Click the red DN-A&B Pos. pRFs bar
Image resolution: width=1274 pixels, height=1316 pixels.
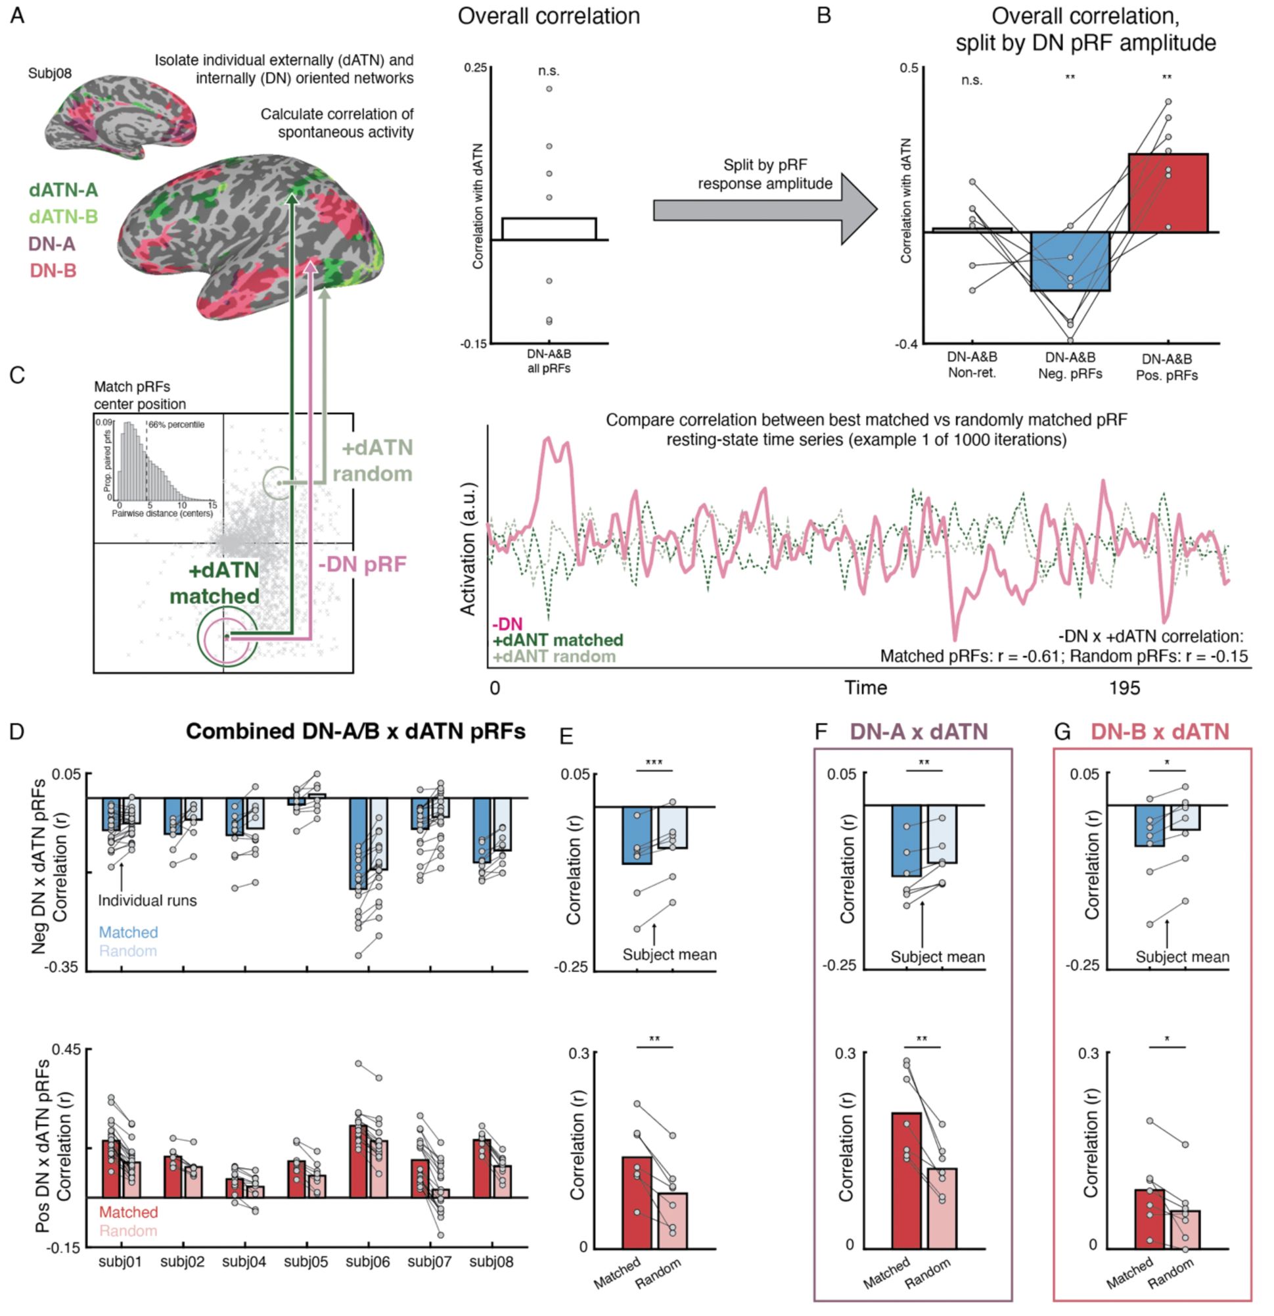click(x=1168, y=193)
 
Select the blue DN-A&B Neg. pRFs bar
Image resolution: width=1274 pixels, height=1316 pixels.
click(x=1070, y=261)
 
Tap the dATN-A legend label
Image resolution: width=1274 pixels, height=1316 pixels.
click(x=63, y=190)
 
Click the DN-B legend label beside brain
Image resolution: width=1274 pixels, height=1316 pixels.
click(x=53, y=271)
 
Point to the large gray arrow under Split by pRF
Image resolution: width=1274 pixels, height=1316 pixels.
click(x=765, y=210)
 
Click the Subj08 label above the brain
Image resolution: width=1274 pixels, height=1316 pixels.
click(x=50, y=73)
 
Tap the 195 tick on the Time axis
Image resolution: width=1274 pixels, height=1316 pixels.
click(x=1124, y=688)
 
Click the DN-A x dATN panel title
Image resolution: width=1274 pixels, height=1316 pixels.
click(x=919, y=731)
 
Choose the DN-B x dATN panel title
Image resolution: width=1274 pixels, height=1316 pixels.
click(x=1160, y=731)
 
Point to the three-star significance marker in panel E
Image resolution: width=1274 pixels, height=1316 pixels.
click(x=653, y=763)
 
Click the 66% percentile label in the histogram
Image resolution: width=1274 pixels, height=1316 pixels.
click(x=177, y=425)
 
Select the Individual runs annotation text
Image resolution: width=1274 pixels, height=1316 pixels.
click(x=148, y=901)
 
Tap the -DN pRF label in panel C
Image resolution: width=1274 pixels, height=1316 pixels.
click(x=362, y=565)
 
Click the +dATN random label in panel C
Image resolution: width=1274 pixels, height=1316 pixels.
click(x=373, y=461)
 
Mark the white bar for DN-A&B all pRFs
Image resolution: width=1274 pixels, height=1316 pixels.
click(x=549, y=228)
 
